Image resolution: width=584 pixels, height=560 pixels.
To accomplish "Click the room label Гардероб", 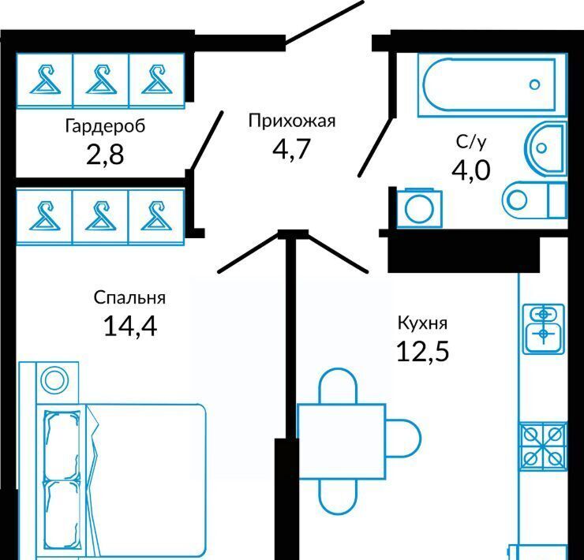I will coord(106,125).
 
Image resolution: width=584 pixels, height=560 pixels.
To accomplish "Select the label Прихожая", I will coord(292,121).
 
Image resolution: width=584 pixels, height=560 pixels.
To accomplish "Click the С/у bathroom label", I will coord(470,142).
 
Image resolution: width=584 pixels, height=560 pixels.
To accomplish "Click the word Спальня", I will coord(129,297).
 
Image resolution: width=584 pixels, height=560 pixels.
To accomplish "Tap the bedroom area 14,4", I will coord(130,325).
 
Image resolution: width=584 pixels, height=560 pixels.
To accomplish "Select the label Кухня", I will coord(422,323).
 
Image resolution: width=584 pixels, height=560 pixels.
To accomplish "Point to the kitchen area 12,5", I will coord(422,349).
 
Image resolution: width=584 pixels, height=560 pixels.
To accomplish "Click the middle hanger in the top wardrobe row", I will coord(100,78).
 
